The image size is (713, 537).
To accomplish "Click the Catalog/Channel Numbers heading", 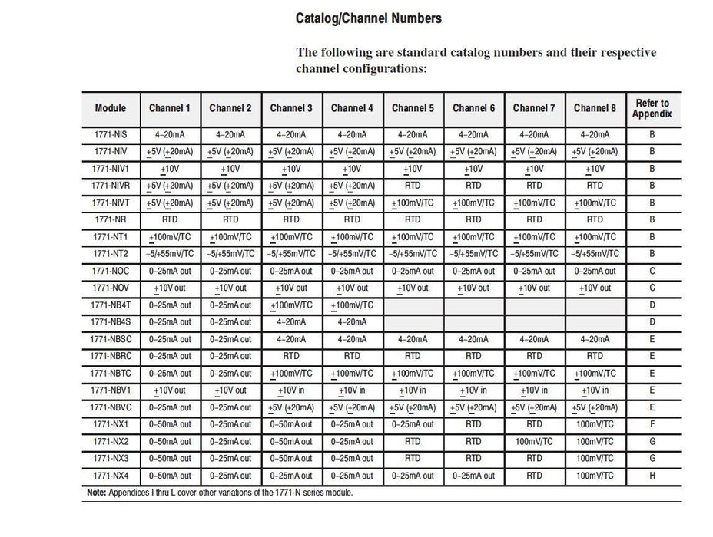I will (x=368, y=18).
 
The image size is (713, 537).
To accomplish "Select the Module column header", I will (x=110, y=108).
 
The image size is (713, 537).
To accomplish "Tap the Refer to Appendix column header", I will (x=652, y=108).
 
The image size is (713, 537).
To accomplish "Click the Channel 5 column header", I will (x=413, y=108).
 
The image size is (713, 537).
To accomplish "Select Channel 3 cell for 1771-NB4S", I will (x=291, y=322).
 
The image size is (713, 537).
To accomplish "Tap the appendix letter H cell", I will (x=652, y=476).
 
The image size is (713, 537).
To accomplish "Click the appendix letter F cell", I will (x=652, y=424).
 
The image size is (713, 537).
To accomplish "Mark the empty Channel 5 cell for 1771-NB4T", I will (x=413, y=305).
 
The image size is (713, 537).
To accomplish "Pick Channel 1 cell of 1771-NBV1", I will (x=170, y=390).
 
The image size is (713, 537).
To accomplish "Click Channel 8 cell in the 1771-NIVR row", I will (x=595, y=186).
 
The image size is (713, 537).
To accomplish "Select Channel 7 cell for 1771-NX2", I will (x=534, y=442).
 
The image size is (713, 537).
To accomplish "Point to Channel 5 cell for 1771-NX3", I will (x=413, y=459).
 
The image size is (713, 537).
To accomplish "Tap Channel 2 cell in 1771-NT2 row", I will (x=230, y=254).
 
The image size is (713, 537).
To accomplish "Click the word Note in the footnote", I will (x=95, y=492).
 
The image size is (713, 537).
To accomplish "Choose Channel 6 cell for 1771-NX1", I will (x=473, y=424).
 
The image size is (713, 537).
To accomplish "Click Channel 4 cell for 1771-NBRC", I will (x=352, y=356).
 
